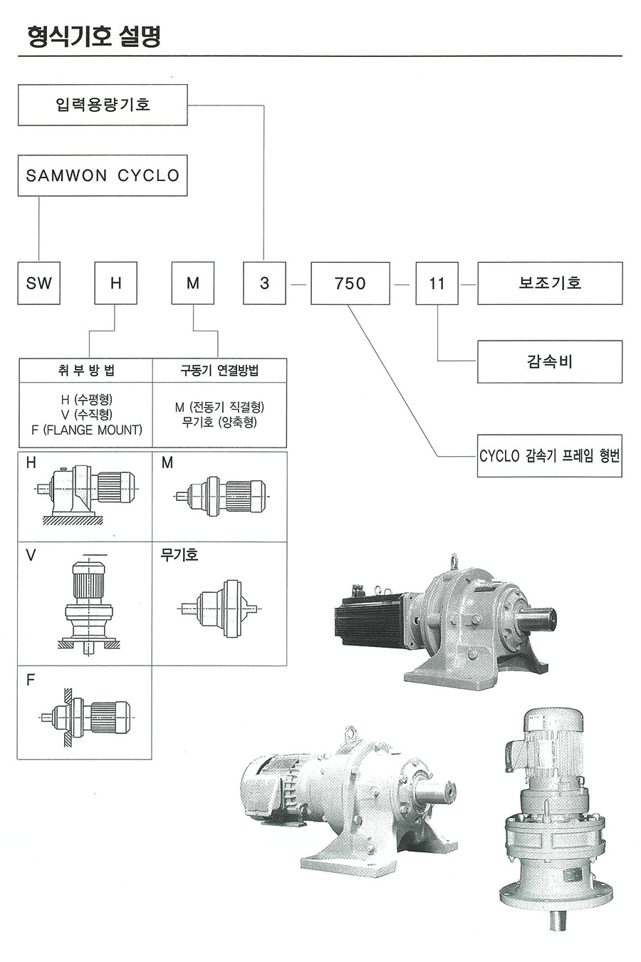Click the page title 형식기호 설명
point(93,36)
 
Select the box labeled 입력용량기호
point(103,105)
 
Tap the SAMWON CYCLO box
point(103,175)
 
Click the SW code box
point(39,283)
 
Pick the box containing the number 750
point(350,283)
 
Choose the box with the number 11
point(437,283)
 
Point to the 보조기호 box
point(550,283)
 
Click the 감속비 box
point(550,361)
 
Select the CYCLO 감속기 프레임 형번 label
point(550,456)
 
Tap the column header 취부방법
point(85,370)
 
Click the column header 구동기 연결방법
point(219,370)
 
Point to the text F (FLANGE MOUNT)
point(87,430)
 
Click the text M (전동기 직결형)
point(219,407)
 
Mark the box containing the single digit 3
point(264,283)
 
